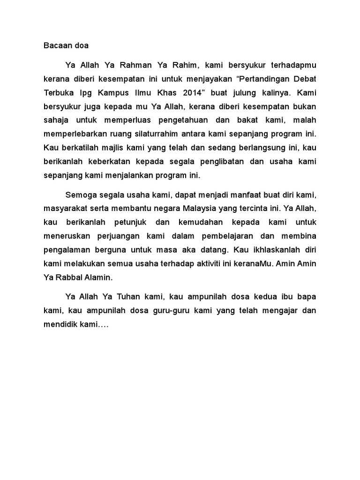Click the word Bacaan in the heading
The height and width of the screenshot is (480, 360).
tap(57, 46)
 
